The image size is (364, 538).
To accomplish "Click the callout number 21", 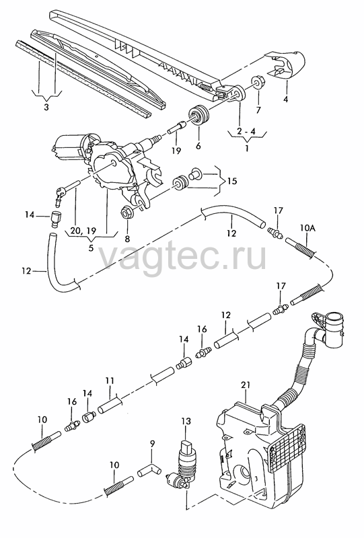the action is pyautogui.click(x=246, y=385).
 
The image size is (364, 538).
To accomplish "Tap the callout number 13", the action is pyautogui.click(x=186, y=421).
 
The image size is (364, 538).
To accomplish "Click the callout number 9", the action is pyautogui.click(x=153, y=444).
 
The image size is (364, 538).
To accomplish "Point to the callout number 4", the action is pyautogui.click(x=286, y=100).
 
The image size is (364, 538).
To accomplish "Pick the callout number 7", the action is pyautogui.click(x=258, y=110).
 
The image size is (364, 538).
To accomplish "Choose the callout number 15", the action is pyautogui.click(x=232, y=180).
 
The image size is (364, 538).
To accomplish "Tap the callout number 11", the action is pyautogui.click(x=110, y=381).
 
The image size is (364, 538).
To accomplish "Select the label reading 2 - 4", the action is pyautogui.click(x=246, y=131).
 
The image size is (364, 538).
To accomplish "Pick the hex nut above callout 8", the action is pyautogui.click(x=126, y=213).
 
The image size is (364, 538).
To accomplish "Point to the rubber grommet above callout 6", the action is pyautogui.click(x=199, y=115).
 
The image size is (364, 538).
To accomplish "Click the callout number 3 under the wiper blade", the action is pyautogui.click(x=46, y=107).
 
